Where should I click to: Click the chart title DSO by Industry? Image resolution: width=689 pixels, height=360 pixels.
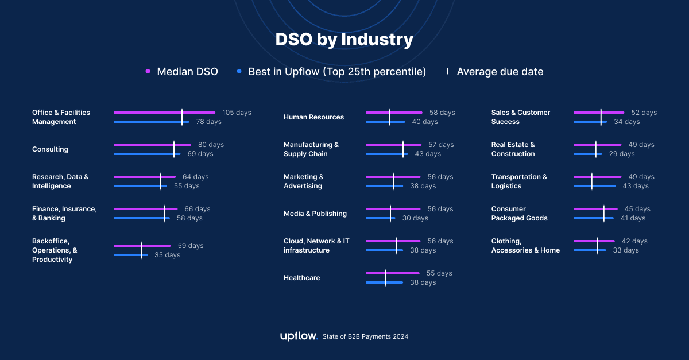click(344, 40)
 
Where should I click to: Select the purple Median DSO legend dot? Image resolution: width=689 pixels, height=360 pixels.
click(148, 72)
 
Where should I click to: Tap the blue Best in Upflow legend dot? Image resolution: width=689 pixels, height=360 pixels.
click(239, 72)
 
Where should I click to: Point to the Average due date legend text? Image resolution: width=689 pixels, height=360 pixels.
click(500, 72)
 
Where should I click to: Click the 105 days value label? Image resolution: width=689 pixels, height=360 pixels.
click(237, 113)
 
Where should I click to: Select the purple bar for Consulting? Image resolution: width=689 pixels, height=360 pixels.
click(152, 145)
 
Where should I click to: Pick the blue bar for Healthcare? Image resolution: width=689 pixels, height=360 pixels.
click(384, 282)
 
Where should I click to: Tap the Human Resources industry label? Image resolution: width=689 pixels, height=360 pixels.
click(313, 117)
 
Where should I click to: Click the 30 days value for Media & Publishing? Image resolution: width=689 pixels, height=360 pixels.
click(415, 218)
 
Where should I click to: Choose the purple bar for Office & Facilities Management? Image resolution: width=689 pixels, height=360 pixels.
click(164, 113)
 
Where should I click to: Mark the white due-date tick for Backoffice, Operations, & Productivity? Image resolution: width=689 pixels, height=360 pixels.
click(141, 250)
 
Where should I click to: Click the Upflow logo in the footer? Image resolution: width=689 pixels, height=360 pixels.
click(299, 336)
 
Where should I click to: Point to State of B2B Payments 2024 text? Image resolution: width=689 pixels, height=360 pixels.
click(365, 337)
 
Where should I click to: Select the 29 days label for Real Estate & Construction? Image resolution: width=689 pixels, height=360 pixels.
click(622, 154)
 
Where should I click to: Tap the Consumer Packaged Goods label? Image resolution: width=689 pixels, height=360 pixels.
click(519, 214)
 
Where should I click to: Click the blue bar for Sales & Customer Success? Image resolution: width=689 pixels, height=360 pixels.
click(590, 122)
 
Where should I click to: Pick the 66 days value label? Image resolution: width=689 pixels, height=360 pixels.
click(197, 209)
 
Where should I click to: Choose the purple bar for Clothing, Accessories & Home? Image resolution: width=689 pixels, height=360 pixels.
click(594, 241)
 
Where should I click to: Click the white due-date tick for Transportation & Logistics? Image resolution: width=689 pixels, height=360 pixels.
click(592, 181)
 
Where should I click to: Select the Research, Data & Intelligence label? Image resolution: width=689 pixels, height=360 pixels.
click(60, 181)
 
